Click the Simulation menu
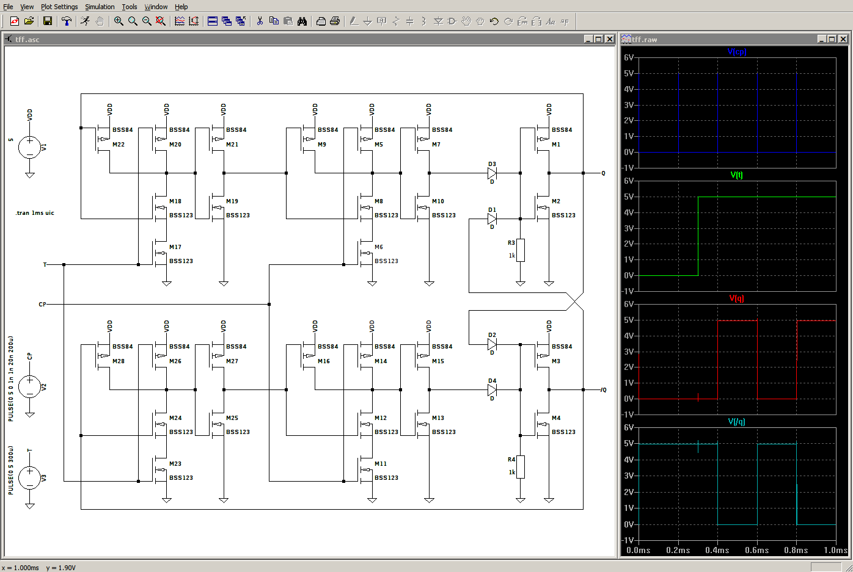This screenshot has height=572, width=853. (100, 7)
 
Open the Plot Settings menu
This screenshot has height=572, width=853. (59, 7)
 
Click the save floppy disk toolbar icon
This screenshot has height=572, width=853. (48, 21)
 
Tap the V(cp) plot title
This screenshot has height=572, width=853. (736, 52)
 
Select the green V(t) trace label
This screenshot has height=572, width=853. (736, 175)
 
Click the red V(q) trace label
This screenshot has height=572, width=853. (736, 299)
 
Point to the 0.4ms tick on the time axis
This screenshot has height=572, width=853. (717, 550)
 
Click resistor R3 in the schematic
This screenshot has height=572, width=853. (520, 250)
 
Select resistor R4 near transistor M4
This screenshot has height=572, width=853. (520, 467)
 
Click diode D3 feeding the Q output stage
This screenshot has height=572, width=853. (492, 173)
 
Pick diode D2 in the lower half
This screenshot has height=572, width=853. (492, 344)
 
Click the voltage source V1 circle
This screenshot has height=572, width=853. (30, 147)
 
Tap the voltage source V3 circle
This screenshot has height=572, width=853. (30, 478)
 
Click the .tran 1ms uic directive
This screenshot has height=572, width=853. (35, 213)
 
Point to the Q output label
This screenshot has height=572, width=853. (603, 173)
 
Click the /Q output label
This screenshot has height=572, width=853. (603, 390)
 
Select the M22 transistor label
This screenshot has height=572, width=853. (119, 145)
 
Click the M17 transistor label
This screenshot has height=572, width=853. (175, 247)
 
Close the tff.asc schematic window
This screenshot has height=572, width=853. (609, 39)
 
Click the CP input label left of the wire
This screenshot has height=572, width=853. (42, 305)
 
